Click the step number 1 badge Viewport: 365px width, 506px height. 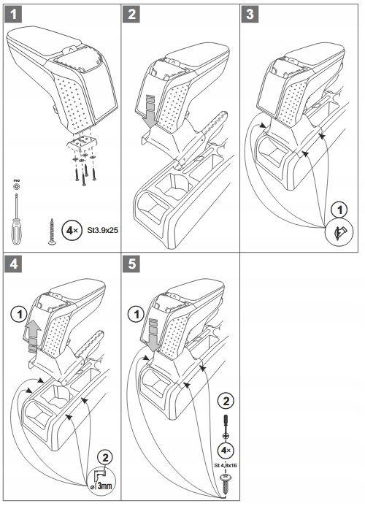click(13, 15)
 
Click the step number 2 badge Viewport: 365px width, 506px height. click(131, 15)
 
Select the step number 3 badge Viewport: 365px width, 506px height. click(250, 15)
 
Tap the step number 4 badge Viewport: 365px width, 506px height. click(13, 264)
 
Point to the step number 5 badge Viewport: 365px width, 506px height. click(131, 264)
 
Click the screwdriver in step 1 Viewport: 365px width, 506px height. click(16, 220)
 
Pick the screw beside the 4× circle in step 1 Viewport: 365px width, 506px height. click(52, 231)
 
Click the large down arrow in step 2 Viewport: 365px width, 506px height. click(150, 111)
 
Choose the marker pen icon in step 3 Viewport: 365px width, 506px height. click(339, 232)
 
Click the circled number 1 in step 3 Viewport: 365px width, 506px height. click(339, 210)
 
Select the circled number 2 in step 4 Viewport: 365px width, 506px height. click(105, 457)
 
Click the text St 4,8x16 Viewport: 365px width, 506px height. click(226, 465)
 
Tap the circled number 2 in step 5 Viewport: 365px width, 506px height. click(226, 402)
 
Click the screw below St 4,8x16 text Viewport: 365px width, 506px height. click(226, 483)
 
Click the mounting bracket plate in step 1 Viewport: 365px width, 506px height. click(82, 142)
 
